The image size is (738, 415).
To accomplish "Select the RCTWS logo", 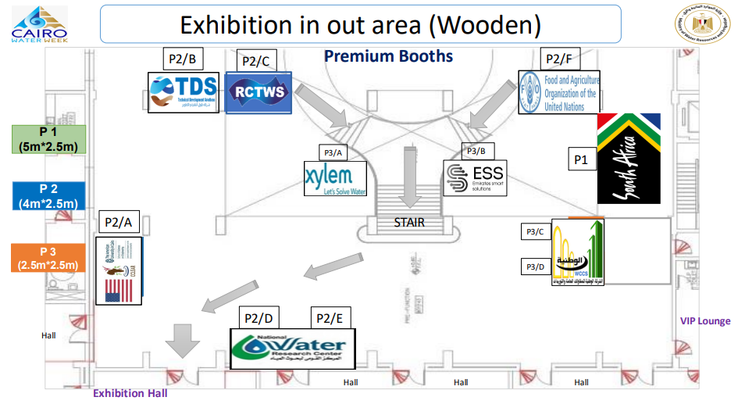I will point(258,92).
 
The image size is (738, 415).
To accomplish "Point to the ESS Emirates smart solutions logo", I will point(474,179).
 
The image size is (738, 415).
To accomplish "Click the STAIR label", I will point(409,222).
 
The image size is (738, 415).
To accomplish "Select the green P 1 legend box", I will point(48,138).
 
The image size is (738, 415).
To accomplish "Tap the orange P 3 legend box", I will point(48,258).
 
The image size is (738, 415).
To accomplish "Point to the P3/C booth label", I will point(535,231).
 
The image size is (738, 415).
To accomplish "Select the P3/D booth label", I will point(535,267).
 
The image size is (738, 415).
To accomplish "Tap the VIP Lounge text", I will point(704,321).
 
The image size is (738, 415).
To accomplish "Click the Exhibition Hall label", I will point(130,393).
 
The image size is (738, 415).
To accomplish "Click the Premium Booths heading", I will point(388,56).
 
